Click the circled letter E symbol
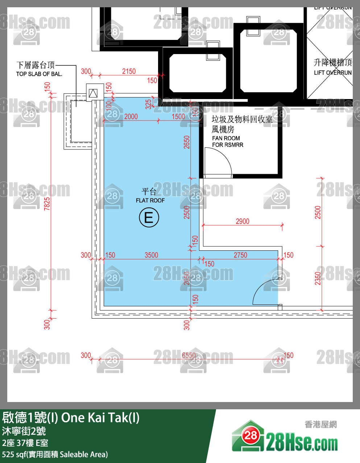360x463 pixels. click(x=149, y=217)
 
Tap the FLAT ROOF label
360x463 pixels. click(x=150, y=200)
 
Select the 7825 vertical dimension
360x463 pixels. click(x=47, y=204)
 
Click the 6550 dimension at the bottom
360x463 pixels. click(x=189, y=355)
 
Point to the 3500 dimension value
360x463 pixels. click(x=151, y=255)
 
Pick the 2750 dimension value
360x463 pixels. click(x=240, y=255)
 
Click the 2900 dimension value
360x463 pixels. click(x=242, y=221)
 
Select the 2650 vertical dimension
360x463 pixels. click(x=187, y=142)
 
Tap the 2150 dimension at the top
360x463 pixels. click(x=129, y=71)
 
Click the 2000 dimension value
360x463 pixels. click(x=131, y=116)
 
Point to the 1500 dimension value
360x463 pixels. click(x=178, y=116)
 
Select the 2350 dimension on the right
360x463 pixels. click(x=318, y=278)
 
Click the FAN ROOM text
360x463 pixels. click(x=226, y=138)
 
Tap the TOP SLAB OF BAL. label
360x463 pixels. click(x=39, y=74)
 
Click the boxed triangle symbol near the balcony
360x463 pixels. click(x=93, y=93)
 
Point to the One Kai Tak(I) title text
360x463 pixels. click(x=100, y=418)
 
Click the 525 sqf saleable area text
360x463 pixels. click(x=55, y=454)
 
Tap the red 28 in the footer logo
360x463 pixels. click(x=250, y=435)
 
